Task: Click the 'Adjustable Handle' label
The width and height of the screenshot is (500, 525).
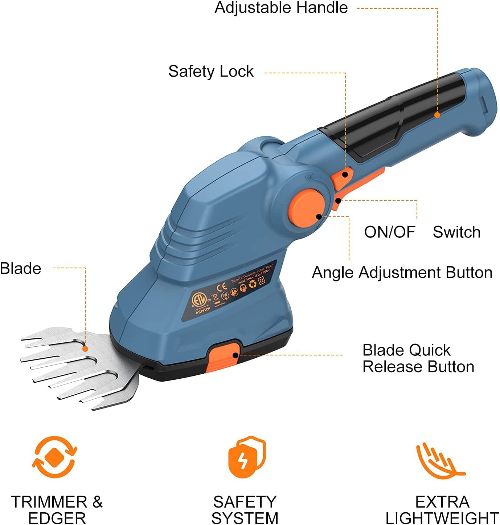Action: coord(281,8)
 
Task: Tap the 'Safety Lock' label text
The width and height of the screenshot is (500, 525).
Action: coord(211,72)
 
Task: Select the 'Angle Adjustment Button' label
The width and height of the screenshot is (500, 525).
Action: coord(402,273)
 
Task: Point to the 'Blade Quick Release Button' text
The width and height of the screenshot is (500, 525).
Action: coord(418,358)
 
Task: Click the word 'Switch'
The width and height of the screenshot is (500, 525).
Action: coord(456,232)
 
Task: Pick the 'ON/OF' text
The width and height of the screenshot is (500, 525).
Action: coord(390,232)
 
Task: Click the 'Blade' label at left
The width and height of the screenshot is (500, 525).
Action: coord(21,269)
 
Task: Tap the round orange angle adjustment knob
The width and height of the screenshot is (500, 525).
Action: coord(307,208)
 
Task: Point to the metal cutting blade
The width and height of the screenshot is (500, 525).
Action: coord(80,367)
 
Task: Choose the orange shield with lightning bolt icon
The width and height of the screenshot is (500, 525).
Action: coord(247,457)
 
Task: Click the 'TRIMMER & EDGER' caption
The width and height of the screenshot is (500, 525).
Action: coord(57,510)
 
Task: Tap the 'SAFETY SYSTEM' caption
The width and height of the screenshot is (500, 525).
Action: coord(245,510)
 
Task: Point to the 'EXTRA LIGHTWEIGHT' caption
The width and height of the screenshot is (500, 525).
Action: coord(442,510)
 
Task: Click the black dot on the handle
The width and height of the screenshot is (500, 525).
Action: coord(437,115)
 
